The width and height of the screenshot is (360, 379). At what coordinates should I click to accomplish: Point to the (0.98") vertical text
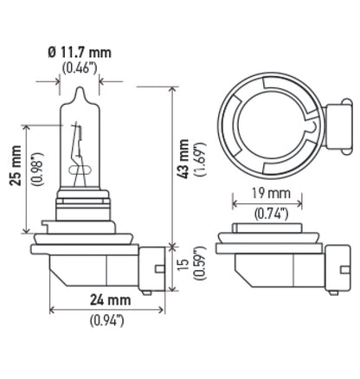(x=32, y=167)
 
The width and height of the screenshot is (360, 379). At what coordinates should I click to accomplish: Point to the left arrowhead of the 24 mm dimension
(x=55, y=310)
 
